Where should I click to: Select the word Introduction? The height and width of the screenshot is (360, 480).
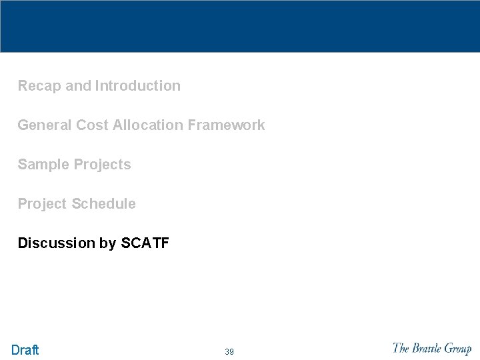click(x=138, y=86)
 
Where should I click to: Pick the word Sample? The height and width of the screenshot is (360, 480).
click(x=41, y=165)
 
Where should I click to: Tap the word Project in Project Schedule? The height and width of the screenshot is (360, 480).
click(x=42, y=204)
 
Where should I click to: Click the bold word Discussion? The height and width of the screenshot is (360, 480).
click(x=57, y=243)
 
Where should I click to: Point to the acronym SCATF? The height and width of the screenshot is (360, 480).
click(x=145, y=243)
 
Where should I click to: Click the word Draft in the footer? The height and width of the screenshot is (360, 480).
click(x=25, y=350)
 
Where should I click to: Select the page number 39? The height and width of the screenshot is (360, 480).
click(x=229, y=351)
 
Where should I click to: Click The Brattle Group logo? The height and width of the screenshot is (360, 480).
click(x=432, y=348)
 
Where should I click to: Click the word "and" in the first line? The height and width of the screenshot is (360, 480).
click(x=79, y=86)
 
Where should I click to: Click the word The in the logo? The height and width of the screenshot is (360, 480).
click(x=401, y=347)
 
